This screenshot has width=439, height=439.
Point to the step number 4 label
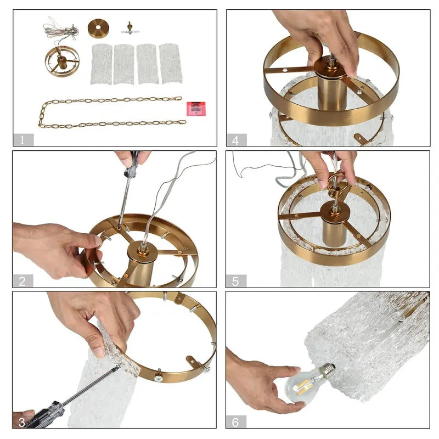pos(236,139)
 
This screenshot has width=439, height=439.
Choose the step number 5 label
pos(236,281)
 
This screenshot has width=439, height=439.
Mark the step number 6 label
pos(236,421)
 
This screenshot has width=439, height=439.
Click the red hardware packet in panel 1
pos(195,108)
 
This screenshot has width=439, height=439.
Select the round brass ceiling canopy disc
pos(98,28)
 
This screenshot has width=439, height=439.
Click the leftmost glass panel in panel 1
pos(101,64)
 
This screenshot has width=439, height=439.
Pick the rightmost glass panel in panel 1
pos(171,64)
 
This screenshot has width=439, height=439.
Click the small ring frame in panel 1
pos(62,61)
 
